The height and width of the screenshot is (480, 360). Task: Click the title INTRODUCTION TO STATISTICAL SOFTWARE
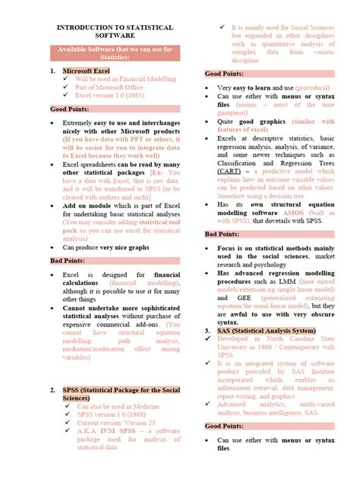115,31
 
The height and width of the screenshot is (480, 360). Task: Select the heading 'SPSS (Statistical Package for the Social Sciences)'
118,393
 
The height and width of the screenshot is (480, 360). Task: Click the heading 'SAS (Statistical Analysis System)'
264,331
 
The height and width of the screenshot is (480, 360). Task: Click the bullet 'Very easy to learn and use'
255,87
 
